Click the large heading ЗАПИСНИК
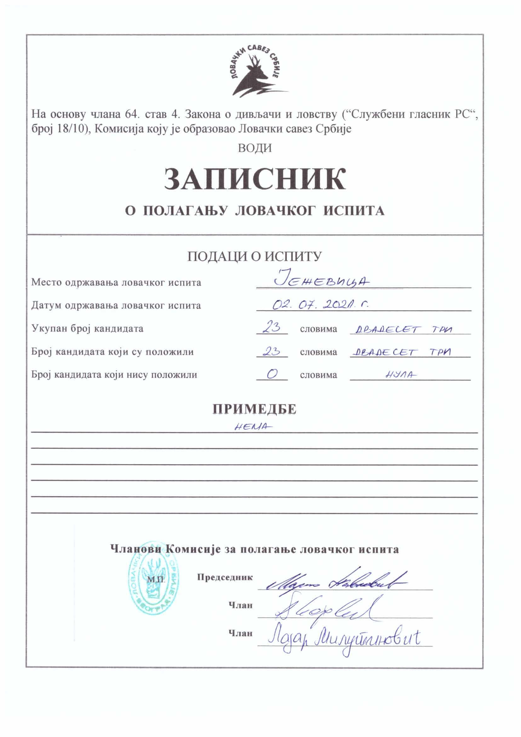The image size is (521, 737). [x=255, y=180]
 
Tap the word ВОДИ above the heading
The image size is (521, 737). [x=255, y=148]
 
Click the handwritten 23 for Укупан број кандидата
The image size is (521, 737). [x=272, y=328]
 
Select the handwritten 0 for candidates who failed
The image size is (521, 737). [x=272, y=374]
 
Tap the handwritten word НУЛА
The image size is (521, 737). [x=401, y=374]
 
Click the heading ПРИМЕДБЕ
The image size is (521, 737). [x=255, y=409]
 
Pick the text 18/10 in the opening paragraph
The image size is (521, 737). [x=71, y=129]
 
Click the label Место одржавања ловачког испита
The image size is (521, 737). [x=116, y=282]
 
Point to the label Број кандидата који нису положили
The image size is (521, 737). [x=114, y=374]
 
